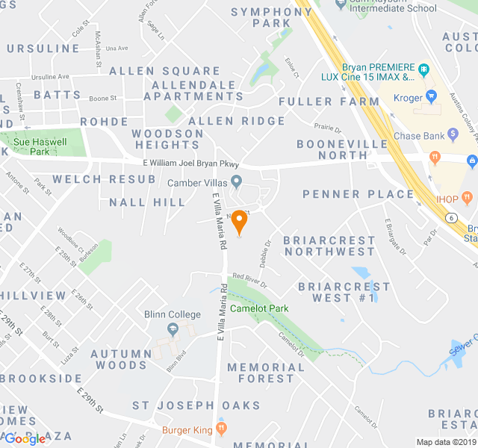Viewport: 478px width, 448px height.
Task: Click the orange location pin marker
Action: pos(239,222)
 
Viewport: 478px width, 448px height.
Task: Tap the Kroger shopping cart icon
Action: pos(431,97)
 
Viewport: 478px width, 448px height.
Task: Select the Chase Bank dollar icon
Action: pos(453,135)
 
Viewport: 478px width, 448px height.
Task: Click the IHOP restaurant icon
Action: pos(468,198)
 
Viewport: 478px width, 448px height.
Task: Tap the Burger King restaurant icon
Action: pos(221,429)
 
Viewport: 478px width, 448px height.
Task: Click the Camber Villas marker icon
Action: pos(237,181)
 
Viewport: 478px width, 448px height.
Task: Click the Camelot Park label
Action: pos(259,308)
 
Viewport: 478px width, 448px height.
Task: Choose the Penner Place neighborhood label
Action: pos(358,194)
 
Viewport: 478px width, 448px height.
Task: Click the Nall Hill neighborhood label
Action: pos(147,202)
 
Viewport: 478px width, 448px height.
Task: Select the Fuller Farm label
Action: pos(329,102)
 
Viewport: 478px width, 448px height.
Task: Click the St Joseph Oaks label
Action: pos(196,406)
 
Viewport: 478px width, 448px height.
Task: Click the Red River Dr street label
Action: pos(249,280)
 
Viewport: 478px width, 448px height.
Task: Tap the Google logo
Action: pos(25,439)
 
